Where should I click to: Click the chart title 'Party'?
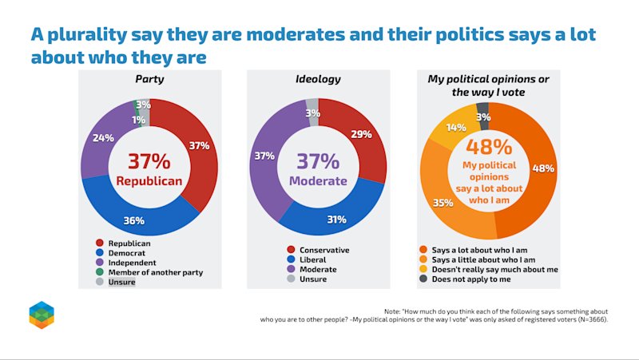pos(149,79)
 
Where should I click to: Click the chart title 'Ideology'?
pos(318,79)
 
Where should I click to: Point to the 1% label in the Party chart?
pos(138,120)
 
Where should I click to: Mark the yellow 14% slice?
pos(454,126)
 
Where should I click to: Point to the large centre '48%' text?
pos(489,147)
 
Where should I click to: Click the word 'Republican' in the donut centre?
pos(149,181)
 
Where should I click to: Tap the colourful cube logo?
pos(42,315)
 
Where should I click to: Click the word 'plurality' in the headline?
pos(87,35)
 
